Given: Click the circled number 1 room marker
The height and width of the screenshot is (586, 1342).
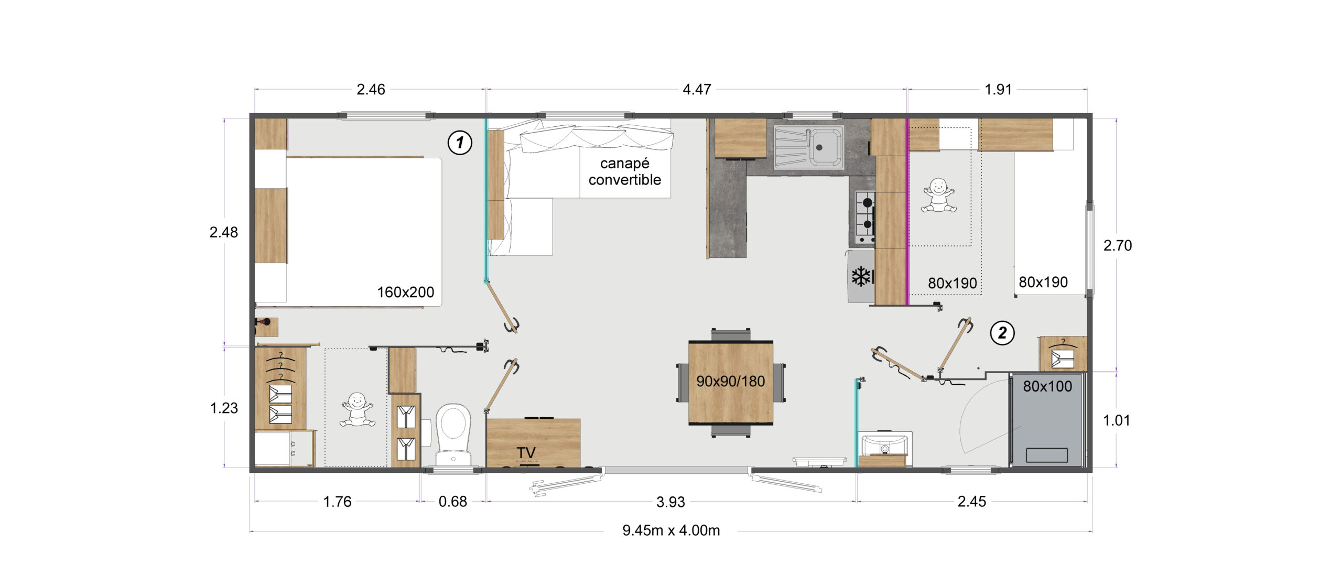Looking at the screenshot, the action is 460,143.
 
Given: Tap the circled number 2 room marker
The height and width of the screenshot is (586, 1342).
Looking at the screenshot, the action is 1002,333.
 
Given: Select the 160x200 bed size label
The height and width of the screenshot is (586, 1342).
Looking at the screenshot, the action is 406,292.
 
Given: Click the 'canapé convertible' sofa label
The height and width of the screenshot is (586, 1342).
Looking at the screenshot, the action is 624,171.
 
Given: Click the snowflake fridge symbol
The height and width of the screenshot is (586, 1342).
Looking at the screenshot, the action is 861,276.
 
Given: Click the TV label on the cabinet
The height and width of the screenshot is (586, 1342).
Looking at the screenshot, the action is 526,453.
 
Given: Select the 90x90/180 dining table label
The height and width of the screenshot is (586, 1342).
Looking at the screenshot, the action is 730,381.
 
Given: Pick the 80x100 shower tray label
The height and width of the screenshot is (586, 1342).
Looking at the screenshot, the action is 1047,386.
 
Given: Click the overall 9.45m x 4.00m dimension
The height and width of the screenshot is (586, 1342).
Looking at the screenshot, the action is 671,530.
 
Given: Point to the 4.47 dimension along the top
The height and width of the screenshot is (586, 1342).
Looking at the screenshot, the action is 697,90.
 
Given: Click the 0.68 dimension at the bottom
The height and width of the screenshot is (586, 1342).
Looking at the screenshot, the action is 452,502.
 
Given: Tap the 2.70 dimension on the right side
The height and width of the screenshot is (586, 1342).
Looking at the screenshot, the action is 1117,245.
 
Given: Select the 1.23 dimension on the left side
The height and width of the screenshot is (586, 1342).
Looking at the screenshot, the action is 224,408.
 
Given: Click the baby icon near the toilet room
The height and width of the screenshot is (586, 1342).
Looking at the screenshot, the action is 358,409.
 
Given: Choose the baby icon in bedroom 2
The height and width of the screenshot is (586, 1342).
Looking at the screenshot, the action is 938,196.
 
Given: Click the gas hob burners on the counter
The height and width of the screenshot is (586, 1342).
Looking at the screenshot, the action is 865,217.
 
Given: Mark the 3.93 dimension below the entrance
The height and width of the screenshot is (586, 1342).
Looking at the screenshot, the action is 670,502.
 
